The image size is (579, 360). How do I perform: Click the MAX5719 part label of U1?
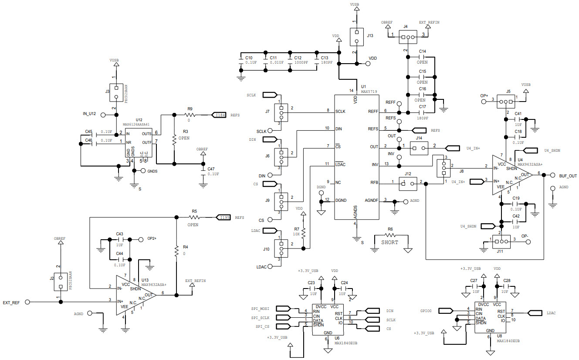pyautogui.click(x=369, y=92)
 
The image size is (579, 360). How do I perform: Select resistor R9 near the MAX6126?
pyautogui.click(x=190, y=115)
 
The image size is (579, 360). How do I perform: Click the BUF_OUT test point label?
pyautogui.click(x=568, y=176)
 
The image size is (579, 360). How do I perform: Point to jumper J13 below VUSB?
pyautogui.click(x=356, y=37)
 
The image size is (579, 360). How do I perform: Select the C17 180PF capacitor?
pyautogui.click(x=422, y=112)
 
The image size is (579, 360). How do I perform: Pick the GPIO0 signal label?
pyautogui.click(x=426, y=311)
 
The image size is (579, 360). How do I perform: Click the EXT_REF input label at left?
pyautogui.click(x=11, y=302)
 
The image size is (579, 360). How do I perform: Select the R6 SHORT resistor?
pyautogui.click(x=390, y=236)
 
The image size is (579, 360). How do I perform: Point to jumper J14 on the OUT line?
pyautogui.click(x=419, y=148)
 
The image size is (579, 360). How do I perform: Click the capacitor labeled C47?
pyautogui.click(x=203, y=173)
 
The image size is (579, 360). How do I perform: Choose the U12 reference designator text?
pyautogui.click(x=139, y=119)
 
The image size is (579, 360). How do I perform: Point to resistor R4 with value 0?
pyautogui.click(x=176, y=251)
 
